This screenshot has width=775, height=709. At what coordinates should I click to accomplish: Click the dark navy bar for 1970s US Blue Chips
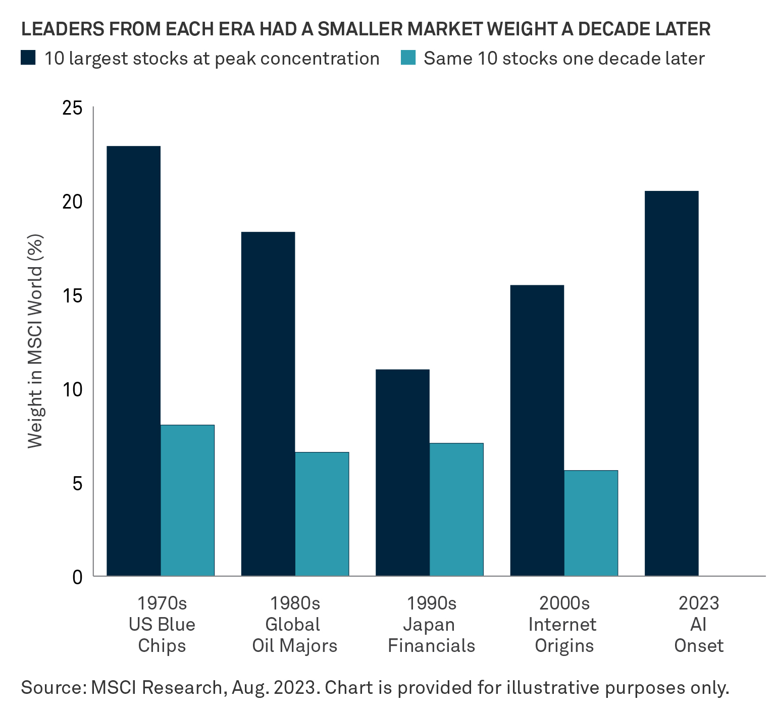134,361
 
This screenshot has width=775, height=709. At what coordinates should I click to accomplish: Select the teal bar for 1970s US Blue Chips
188,500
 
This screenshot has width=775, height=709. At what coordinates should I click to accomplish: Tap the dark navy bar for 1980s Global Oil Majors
268,403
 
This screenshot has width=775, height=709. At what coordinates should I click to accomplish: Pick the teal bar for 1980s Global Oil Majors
322,514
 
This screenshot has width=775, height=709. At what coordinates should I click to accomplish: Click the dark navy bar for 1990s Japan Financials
402,472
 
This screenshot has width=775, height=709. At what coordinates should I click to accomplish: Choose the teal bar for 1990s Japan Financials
456,509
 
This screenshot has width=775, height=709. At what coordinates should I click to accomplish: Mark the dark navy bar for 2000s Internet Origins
537,430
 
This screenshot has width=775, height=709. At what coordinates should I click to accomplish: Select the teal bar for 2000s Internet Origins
591,523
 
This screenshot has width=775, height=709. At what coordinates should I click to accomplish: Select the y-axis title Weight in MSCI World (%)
35,341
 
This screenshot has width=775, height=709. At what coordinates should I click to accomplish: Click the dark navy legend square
28,58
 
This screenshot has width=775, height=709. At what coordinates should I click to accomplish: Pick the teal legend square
408,58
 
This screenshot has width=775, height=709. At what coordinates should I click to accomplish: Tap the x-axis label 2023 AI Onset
699,624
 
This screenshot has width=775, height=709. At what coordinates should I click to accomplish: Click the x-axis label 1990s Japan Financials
431,624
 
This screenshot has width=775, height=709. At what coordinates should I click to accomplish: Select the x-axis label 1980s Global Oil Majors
295,624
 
